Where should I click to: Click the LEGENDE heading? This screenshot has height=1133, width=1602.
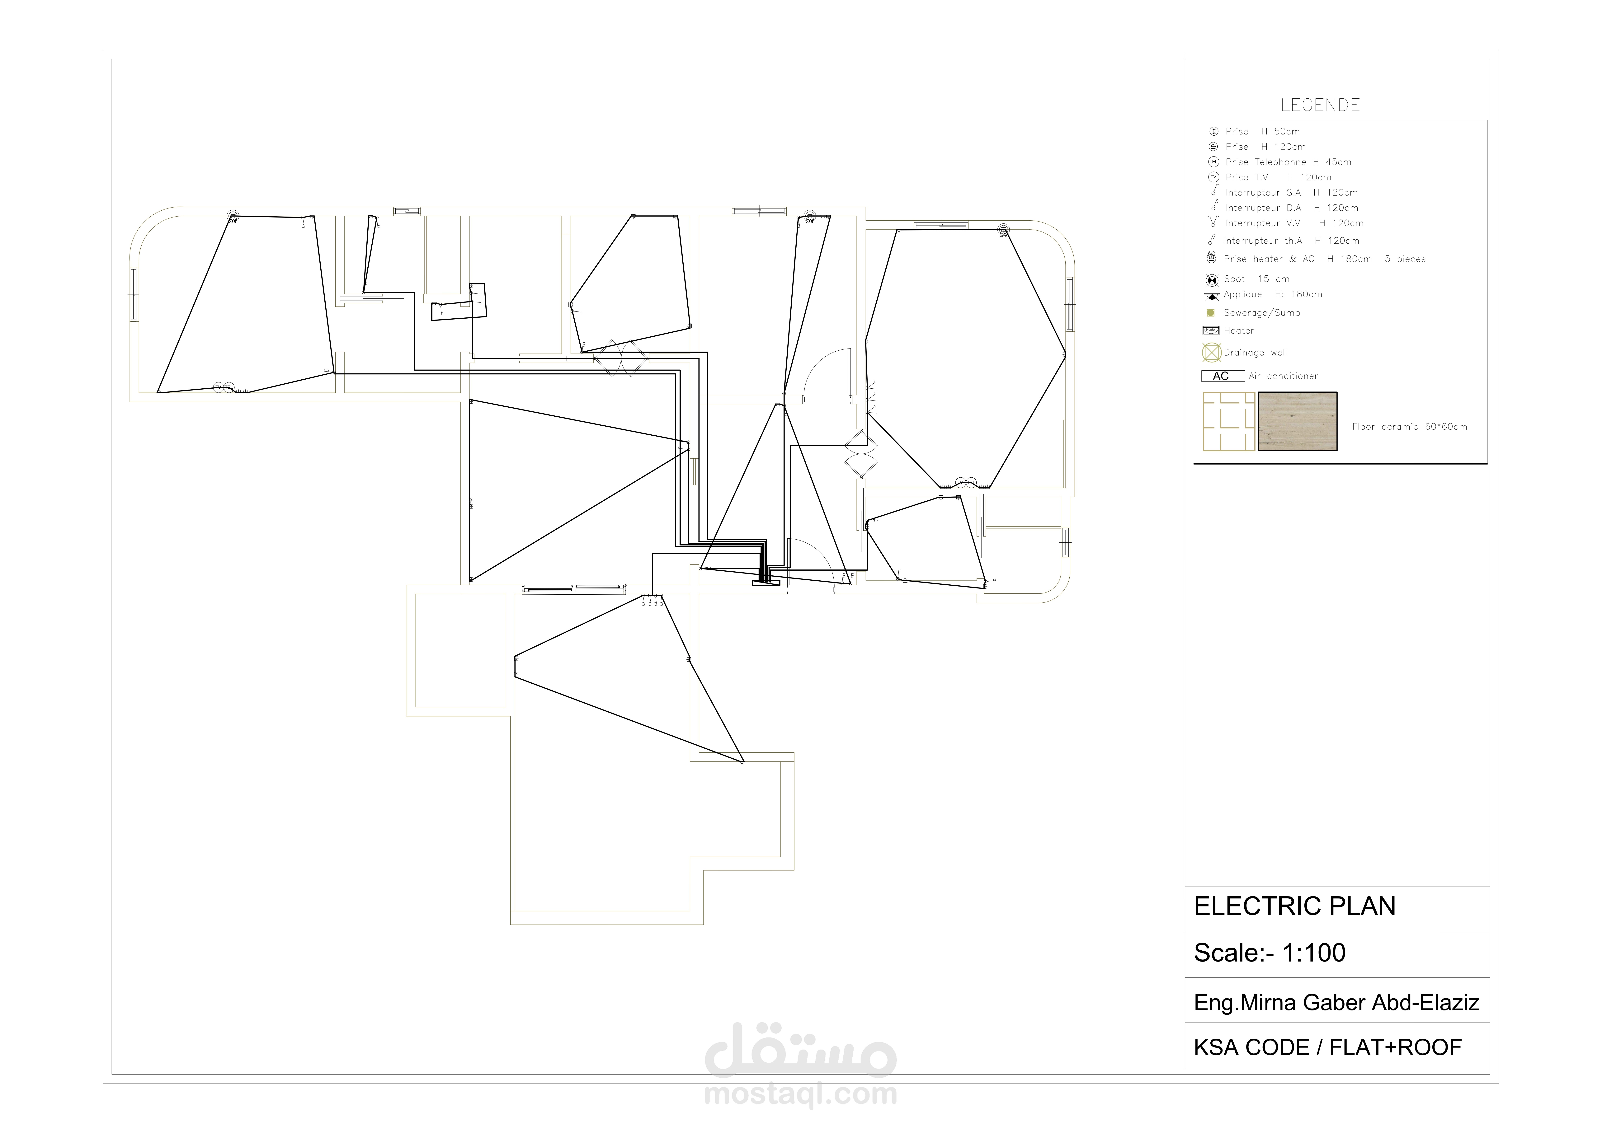[x=1320, y=105]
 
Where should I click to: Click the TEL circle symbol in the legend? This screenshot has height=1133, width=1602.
[x=1213, y=162]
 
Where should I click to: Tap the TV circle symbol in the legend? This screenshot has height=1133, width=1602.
[x=1213, y=177]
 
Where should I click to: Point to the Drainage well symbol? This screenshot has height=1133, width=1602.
[x=1212, y=352]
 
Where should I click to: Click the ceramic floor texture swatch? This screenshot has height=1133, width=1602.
[x=1297, y=421]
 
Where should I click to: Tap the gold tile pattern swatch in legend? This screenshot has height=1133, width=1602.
[x=1229, y=421]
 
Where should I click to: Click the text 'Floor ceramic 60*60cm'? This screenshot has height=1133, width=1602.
[x=1409, y=426]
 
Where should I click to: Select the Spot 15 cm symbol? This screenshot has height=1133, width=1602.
[x=1212, y=280]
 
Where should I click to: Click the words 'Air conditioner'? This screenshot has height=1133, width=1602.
[x=1283, y=376]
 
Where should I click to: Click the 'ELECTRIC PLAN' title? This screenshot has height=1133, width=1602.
[x=1294, y=906]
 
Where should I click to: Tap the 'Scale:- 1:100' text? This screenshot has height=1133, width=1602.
[x=1269, y=953]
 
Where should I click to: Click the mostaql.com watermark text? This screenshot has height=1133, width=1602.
[x=800, y=1093]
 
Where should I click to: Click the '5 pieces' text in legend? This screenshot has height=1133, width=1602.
[x=1405, y=259]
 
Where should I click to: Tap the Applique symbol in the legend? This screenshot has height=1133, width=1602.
[x=1212, y=296]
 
